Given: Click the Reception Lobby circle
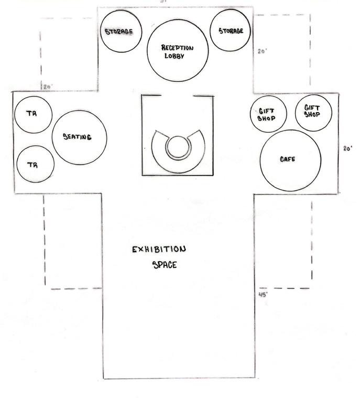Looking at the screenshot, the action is pyautogui.click(x=177, y=51).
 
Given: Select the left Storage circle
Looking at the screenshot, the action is pyautogui.click(x=119, y=31).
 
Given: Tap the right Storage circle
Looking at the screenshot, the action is pyautogui.click(x=231, y=30).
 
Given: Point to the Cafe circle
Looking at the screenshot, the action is pyautogui.click(x=290, y=160).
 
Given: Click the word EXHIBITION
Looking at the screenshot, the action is pyautogui.click(x=159, y=249).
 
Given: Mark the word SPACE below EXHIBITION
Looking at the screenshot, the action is pyautogui.click(x=165, y=265).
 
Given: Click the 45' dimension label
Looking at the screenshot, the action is pyautogui.click(x=264, y=295).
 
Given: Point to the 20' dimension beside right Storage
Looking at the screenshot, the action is pyautogui.click(x=263, y=51).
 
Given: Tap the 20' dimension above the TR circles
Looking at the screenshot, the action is pyautogui.click(x=48, y=87).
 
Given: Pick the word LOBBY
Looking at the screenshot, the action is pyautogui.click(x=174, y=56).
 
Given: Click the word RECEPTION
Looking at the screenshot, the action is pyautogui.click(x=177, y=48).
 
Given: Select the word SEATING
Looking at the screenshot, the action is pyautogui.click(x=78, y=137).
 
